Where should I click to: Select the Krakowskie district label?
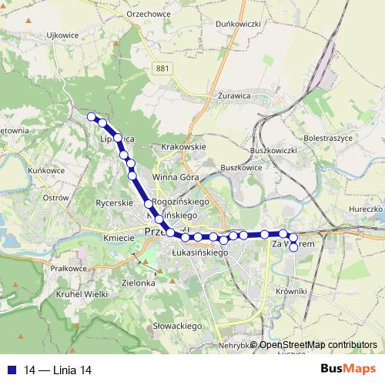click(182, 146)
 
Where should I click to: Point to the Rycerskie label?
click(114, 203)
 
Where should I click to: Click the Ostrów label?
click(56, 198)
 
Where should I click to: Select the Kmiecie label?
click(119, 239)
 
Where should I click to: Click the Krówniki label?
click(290, 292)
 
